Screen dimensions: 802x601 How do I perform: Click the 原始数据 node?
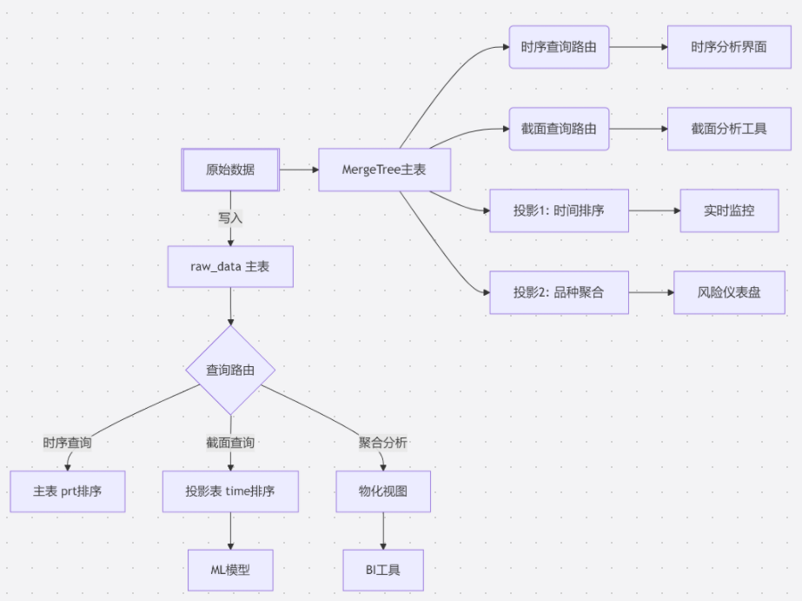(x=230, y=170)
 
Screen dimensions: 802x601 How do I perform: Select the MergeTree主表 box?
(x=384, y=170)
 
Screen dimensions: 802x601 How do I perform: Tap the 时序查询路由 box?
(x=559, y=47)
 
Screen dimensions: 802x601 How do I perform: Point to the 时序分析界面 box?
(x=729, y=47)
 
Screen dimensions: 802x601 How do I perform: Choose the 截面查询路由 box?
(x=559, y=129)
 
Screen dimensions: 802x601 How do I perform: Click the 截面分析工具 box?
(x=729, y=129)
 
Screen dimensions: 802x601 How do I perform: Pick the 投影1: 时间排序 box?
(x=559, y=210)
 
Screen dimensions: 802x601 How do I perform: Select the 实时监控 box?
(x=729, y=210)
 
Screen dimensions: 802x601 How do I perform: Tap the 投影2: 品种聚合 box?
(x=559, y=292)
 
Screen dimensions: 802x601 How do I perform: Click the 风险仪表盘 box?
(x=729, y=292)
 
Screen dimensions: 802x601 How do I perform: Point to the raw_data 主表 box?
(x=230, y=266)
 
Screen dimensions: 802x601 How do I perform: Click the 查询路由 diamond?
(x=230, y=371)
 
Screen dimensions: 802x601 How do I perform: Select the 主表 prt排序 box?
(x=68, y=491)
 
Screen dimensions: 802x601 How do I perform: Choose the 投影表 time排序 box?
(x=230, y=491)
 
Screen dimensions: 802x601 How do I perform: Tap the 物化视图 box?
(x=383, y=491)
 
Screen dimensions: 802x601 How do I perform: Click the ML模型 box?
(x=230, y=571)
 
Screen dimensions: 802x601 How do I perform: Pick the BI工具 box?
(x=383, y=571)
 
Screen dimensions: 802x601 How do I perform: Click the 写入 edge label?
(x=230, y=218)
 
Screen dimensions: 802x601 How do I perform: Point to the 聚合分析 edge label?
(x=383, y=443)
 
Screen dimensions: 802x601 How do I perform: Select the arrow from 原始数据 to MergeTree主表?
(x=299, y=170)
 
